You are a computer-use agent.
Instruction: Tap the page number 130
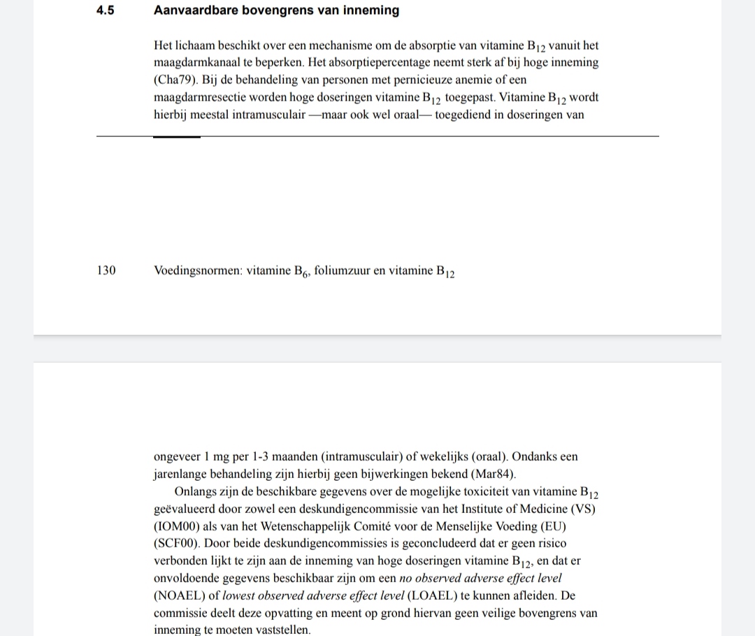click(x=106, y=270)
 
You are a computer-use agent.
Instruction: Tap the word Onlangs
click(x=197, y=490)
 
